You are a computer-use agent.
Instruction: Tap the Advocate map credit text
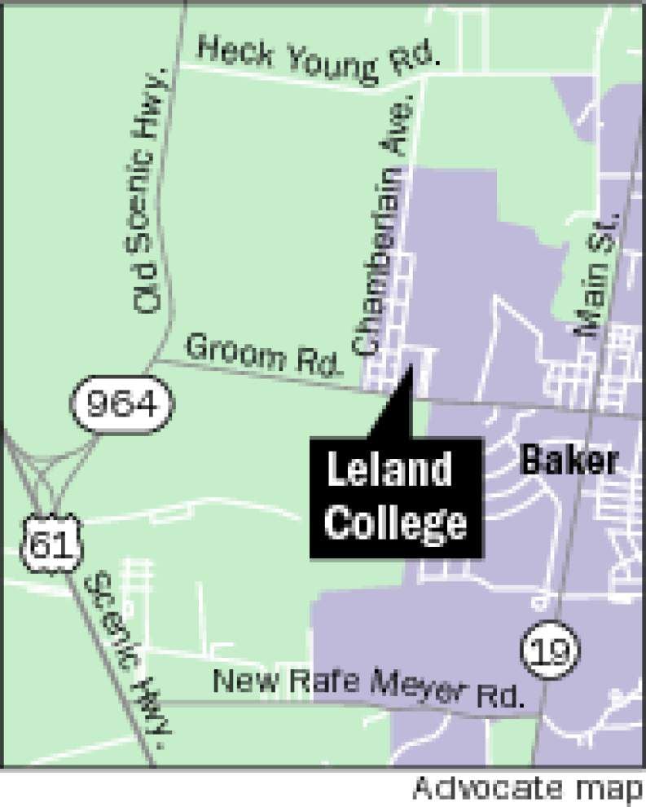(526, 788)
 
